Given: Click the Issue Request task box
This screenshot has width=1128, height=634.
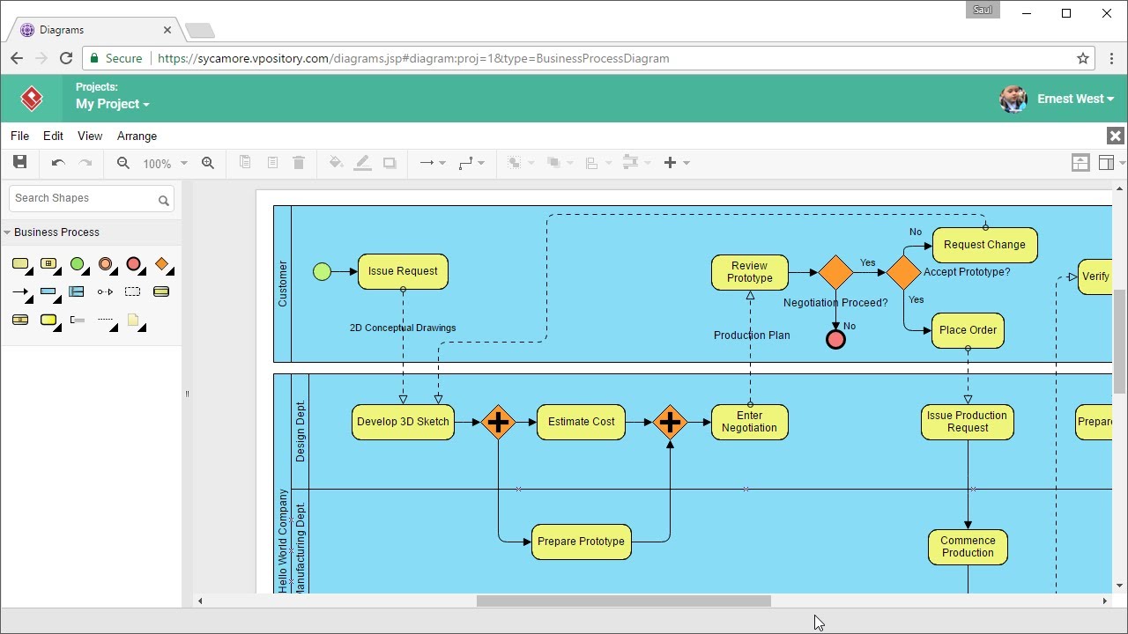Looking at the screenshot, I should pos(403,271).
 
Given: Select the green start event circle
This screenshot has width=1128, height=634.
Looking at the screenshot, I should pos(322,271).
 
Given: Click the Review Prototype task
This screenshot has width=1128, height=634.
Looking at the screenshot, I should pos(749,272).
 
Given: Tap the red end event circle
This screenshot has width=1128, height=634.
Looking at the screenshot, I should pos(835,340).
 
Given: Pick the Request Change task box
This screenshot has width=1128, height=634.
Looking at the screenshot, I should pos(984,245).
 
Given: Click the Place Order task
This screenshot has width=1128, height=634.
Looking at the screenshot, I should pos(968,330).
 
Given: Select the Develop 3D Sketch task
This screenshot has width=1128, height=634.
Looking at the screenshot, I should pos(403,422).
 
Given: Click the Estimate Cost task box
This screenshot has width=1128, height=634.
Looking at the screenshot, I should pos(581,422).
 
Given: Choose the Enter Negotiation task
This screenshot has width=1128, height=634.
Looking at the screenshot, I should pos(749,422).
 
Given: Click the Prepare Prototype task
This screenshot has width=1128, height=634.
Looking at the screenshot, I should pos(581,542).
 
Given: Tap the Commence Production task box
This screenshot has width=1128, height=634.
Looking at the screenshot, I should pos(968,547).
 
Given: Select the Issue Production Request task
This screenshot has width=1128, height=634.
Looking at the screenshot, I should pos(967,422).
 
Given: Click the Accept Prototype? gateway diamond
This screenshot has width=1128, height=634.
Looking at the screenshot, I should pos(903,273).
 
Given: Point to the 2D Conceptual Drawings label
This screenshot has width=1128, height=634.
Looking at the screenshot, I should pos(403,328).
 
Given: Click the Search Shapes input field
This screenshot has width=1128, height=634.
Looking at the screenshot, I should pos(84,198).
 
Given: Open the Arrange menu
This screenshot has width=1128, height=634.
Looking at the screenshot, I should pos(137,136).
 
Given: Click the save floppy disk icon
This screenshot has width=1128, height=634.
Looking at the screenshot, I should pos(19,162).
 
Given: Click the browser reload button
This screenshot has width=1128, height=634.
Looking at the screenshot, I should pos(65,58).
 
